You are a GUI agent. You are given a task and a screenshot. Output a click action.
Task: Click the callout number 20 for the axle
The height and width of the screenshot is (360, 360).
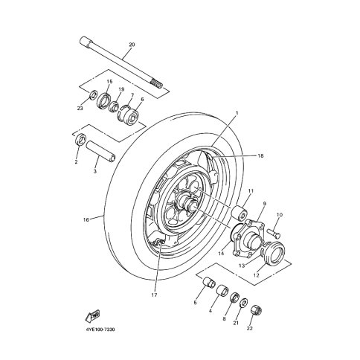[132, 45]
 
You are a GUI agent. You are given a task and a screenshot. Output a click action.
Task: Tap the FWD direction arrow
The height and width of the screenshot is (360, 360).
[92, 316]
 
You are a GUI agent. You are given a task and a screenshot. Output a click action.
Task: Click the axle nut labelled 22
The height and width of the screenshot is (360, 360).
[257, 310]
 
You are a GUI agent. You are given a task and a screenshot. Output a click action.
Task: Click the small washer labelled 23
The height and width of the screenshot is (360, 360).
[93, 94]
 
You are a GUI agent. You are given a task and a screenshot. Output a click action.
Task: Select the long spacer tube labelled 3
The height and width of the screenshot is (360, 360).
[100, 151]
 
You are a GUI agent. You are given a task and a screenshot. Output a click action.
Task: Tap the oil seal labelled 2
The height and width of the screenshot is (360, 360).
[80, 140]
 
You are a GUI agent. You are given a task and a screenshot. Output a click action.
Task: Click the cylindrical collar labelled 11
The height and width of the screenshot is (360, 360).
[239, 213]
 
